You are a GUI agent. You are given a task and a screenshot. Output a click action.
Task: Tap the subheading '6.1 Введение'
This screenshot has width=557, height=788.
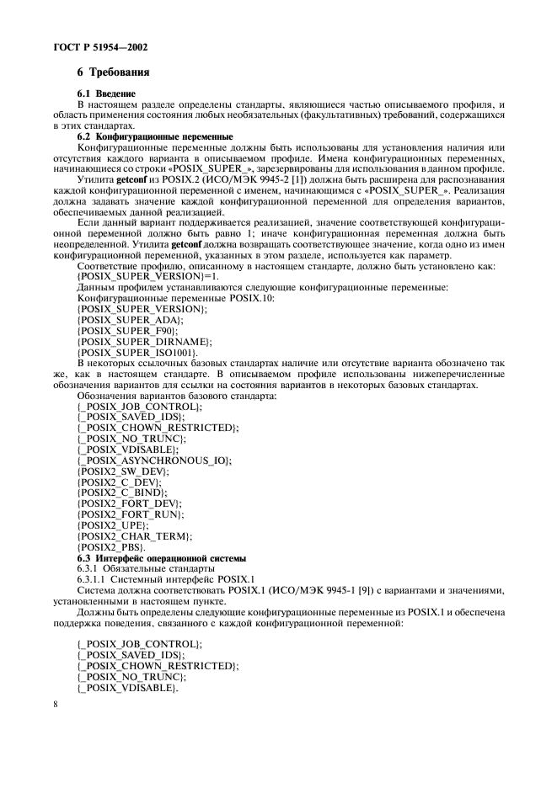click(x=106, y=93)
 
